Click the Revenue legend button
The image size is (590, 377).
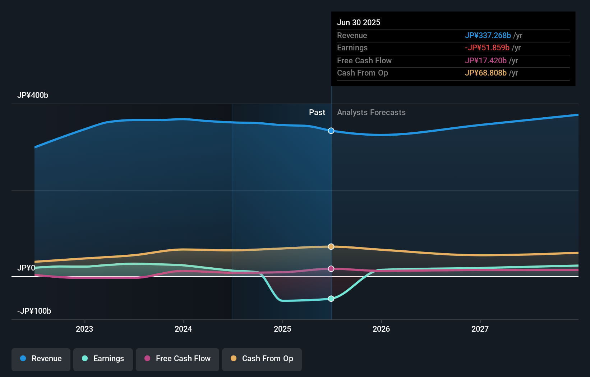pos(41,359)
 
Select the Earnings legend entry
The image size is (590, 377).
pos(103,359)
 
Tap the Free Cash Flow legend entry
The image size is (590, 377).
pos(178,359)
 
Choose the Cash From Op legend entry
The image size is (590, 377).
pos(262,359)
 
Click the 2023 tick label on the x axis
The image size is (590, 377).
pos(84,329)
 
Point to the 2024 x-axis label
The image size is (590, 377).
pos(183,329)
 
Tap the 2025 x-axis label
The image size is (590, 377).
pos(282,329)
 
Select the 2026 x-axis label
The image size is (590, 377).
pos(381,329)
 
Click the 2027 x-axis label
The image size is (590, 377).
pos(480,329)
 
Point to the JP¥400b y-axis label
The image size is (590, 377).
pos(33,95)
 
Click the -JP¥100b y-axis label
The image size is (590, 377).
pos(34,311)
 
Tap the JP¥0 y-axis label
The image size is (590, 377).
pos(26,268)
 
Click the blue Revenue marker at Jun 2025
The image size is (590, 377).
pos(331,131)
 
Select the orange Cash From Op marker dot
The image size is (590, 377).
pos(331,247)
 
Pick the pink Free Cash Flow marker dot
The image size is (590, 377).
pos(331,269)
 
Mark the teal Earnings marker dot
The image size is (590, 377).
pos(331,299)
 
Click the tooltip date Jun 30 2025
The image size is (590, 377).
pos(359,23)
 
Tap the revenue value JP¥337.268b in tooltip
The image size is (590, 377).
pos(488,36)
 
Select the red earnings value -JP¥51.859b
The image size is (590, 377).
pos(487,48)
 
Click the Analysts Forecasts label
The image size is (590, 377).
pos(371,113)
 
